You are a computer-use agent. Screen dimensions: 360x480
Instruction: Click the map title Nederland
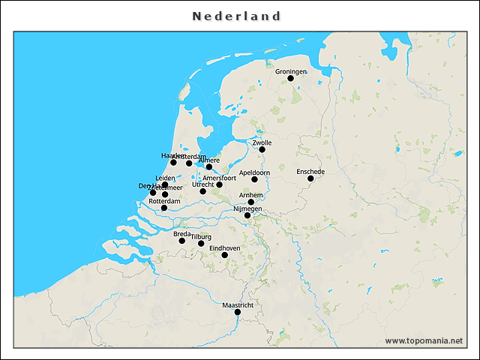click(236, 16)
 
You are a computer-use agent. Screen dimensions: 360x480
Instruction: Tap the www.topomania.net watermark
click(424, 340)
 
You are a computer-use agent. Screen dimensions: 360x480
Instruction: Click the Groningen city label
click(291, 71)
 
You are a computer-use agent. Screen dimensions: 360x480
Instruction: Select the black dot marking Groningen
click(290, 78)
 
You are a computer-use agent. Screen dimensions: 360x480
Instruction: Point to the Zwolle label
click(262, 142)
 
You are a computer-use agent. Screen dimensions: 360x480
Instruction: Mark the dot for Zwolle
click(262, 149)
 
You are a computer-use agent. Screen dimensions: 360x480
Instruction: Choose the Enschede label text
click(310, 171)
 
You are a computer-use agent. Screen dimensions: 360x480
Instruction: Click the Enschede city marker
click(310, 178)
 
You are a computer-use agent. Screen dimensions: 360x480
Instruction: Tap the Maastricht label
click(238, 305)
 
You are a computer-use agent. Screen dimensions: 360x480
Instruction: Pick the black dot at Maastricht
click(238, 312)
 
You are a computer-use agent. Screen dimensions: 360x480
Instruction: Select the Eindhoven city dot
click(224, 255)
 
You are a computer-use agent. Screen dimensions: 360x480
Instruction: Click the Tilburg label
click(201, 236)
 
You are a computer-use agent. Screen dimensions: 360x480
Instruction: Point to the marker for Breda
click(181, 241)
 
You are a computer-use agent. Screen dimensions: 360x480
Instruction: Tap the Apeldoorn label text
click(254, 172)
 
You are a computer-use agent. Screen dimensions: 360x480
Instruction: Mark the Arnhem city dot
click(251, 202)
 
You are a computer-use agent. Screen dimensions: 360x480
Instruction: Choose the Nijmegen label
click(247, 208)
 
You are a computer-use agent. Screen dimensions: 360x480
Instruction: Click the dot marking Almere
click(209, 166)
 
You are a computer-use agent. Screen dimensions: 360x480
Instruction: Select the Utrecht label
click(202, 184)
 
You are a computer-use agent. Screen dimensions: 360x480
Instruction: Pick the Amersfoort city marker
click(219, 184)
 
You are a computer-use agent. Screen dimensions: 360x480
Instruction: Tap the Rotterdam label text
click(164, 201)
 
